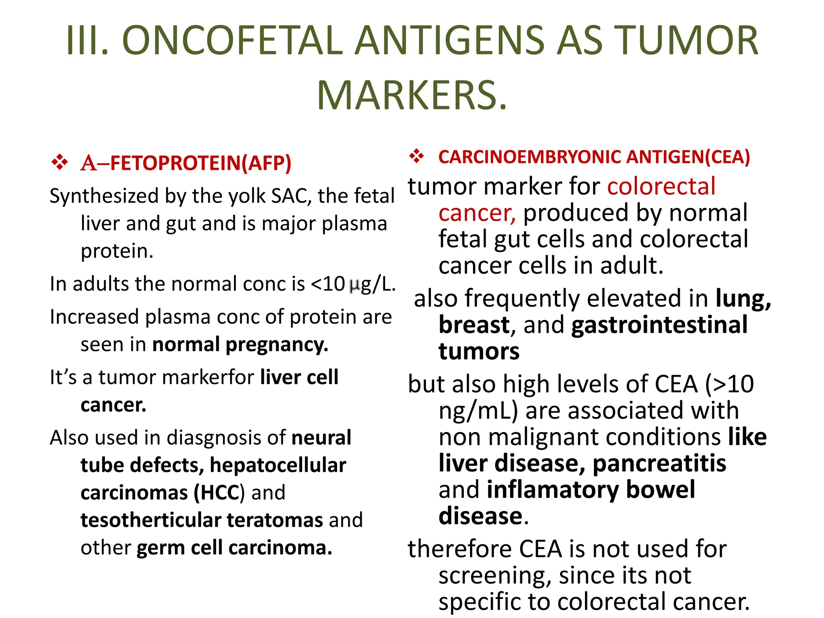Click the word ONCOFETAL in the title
pyautogui.click(x=233, y=41)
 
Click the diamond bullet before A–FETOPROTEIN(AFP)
pyautogui.click(x=60, y=162)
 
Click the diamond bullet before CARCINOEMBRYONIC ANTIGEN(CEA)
pyautogui.click(x=417, y=156)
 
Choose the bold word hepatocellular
pyautogui.click(x=278, y=466)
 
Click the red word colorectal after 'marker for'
pyautogui.click(x=661, y=187)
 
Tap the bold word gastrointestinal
pyautogui.click(x=659, y=325)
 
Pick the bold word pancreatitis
pyautogui.click(x=659, y=463)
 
